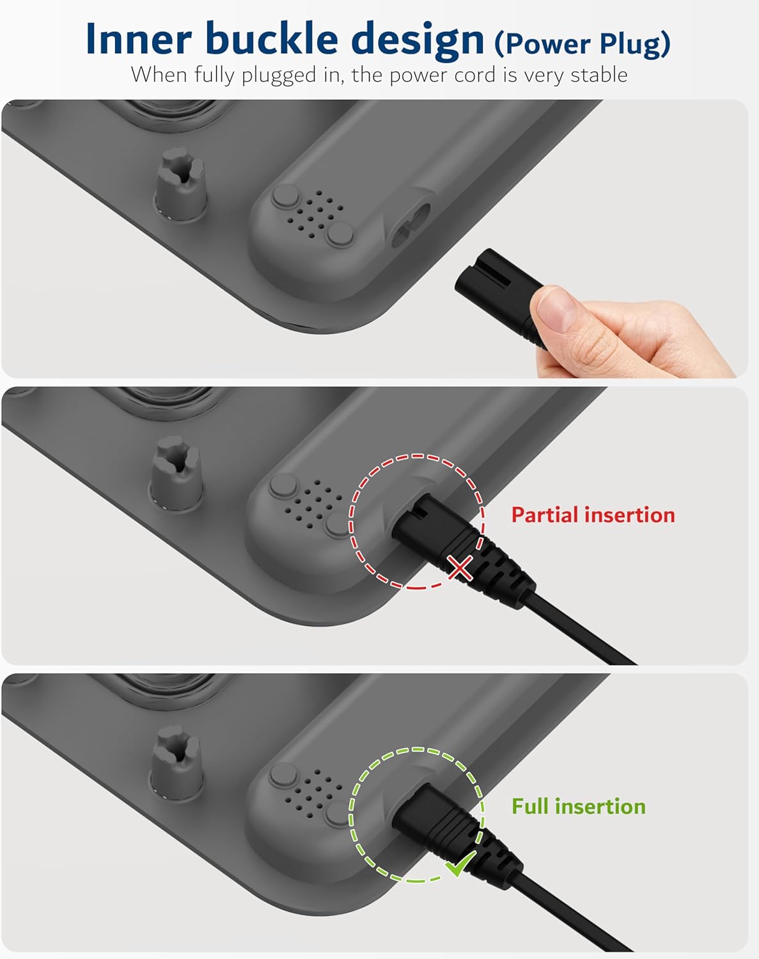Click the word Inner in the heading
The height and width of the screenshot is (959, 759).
(139, 39)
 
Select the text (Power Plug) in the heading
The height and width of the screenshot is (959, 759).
(583, 43)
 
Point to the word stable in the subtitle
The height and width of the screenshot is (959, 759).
(599, 74)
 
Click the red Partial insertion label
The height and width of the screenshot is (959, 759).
(593, 515)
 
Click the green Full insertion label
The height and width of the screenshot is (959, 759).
(578, 806)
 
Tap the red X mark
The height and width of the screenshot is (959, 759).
(460, 568)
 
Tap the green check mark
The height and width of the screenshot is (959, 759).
(460, 862)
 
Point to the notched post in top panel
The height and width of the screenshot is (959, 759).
(180, 183)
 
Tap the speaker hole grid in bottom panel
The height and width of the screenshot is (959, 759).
(313, 789)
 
